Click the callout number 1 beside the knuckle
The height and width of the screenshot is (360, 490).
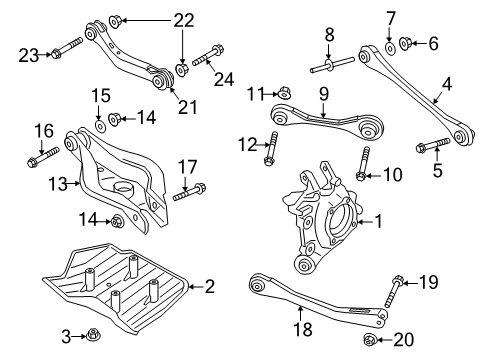coord(379,221)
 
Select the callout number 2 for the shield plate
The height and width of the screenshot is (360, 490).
coord(209,287)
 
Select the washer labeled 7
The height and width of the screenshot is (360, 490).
coord(389,47)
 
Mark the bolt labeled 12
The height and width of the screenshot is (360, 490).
coord(270,149)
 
